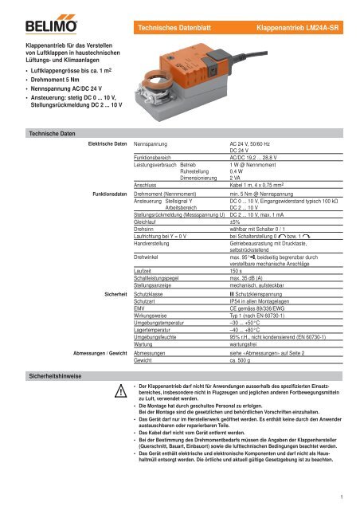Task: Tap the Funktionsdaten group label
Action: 108,194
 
